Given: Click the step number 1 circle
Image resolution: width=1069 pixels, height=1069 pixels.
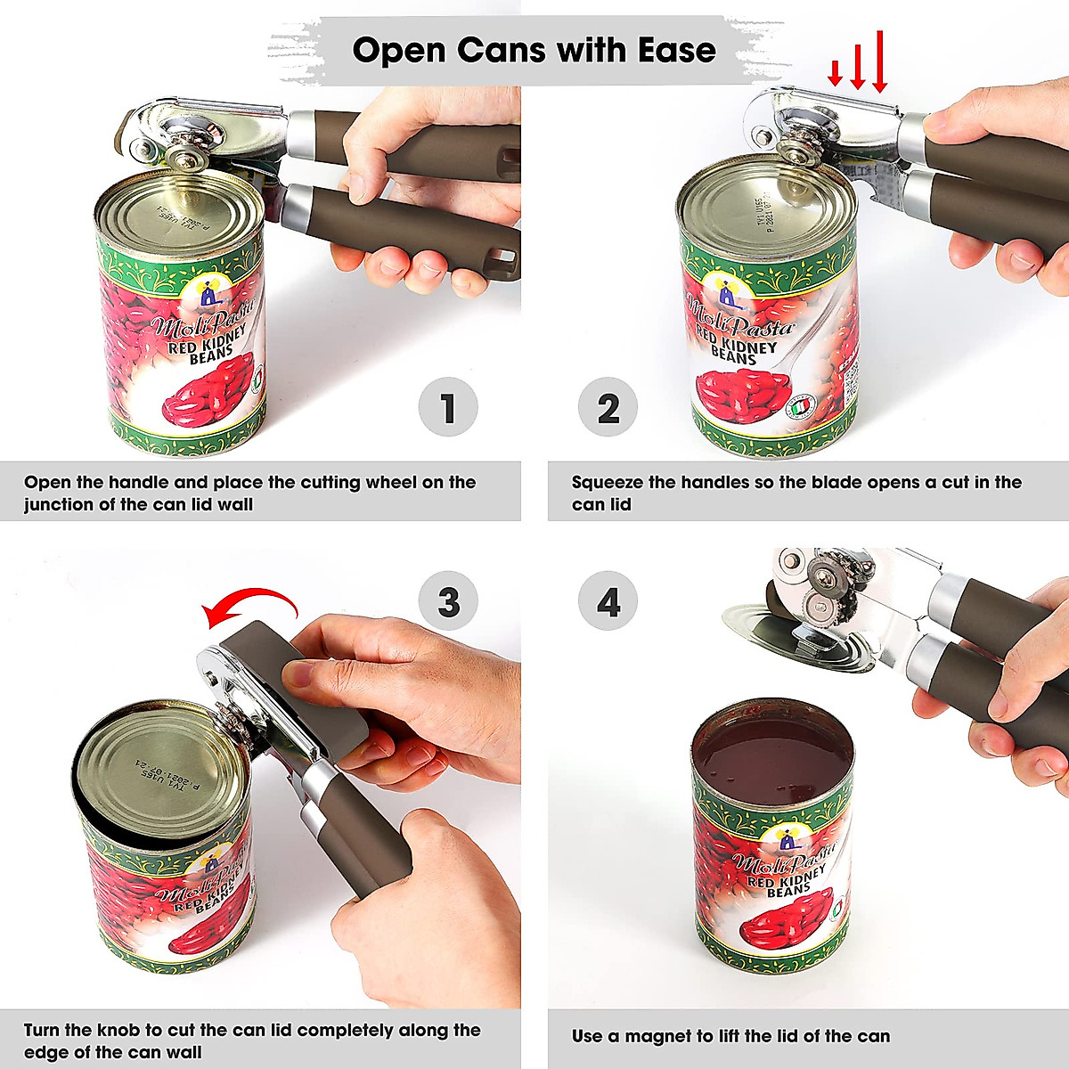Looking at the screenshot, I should pyautogui.click(x=448, y=409).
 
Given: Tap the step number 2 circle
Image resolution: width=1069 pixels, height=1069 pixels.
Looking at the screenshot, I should pyautogui.click(x=608, y=409).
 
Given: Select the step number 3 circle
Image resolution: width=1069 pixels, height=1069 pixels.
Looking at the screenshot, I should pyautogui.click(x=448, y=602).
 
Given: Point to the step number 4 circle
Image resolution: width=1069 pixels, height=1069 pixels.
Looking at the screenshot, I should pyautogui.click(x=608, y=602).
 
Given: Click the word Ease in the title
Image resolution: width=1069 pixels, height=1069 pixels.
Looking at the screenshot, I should pyautogui.click(x=676, y=49).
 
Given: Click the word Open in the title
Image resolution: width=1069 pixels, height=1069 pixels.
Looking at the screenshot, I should pyautogui.click(x=400, y=50).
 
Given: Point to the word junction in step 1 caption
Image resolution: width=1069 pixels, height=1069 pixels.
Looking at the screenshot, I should pyautogui.click(x=58, y=505).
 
